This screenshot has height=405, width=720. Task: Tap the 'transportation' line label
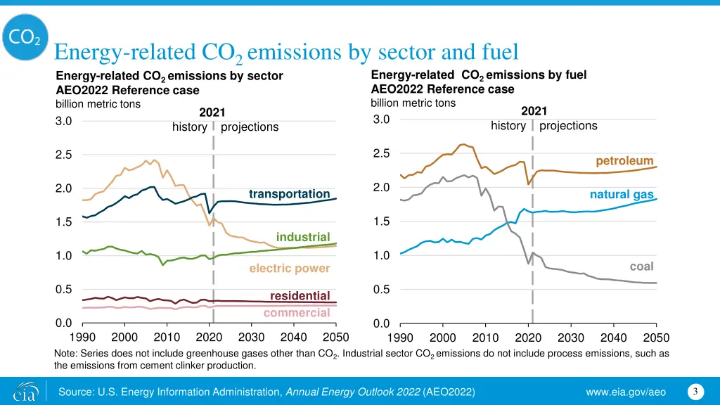click(289, 194)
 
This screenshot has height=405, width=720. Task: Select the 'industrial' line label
click(303, 237)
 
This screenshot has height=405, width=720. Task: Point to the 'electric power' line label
click(289, 269)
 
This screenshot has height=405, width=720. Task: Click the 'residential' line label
click(300, 296)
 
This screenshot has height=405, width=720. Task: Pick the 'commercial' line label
click(297, 313)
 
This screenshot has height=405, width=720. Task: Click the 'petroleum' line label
click(624, 162)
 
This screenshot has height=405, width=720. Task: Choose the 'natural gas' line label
click(622, 194)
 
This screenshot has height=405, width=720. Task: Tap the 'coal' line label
click(641, 266)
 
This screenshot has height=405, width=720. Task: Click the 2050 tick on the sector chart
click(336, 337)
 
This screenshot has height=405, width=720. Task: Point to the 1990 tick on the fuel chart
click(400, 337)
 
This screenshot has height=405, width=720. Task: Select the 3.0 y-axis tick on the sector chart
click(63, 121)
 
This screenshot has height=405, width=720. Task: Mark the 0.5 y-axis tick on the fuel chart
click(381, 290)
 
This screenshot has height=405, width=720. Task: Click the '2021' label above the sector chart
click(212, 112)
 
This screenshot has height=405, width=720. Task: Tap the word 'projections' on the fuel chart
click(568, 126)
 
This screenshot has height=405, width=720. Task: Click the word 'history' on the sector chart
click(190, 127)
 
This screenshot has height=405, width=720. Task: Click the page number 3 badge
click(695, 391)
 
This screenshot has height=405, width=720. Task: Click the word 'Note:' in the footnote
click(68, 353)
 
